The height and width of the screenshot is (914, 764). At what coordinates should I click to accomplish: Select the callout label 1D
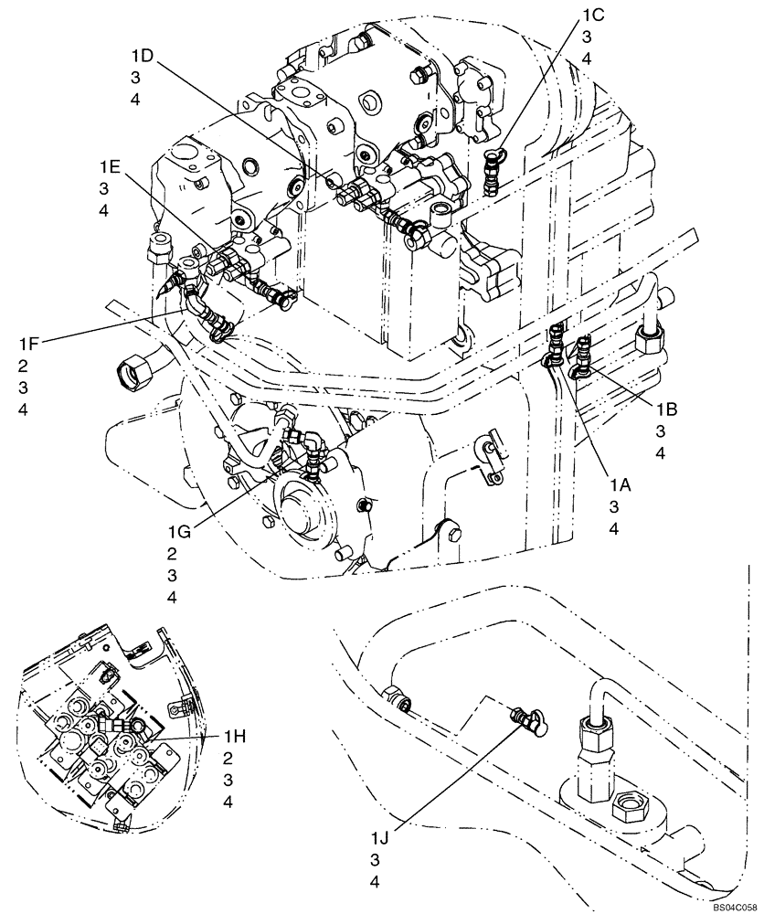(x=141, y=56)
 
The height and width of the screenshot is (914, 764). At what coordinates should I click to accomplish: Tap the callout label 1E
(x=109, y=166)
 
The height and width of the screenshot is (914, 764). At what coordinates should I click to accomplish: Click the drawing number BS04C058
(x=734, y=906)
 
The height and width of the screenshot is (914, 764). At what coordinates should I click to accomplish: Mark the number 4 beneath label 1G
(x=172, y=597)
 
